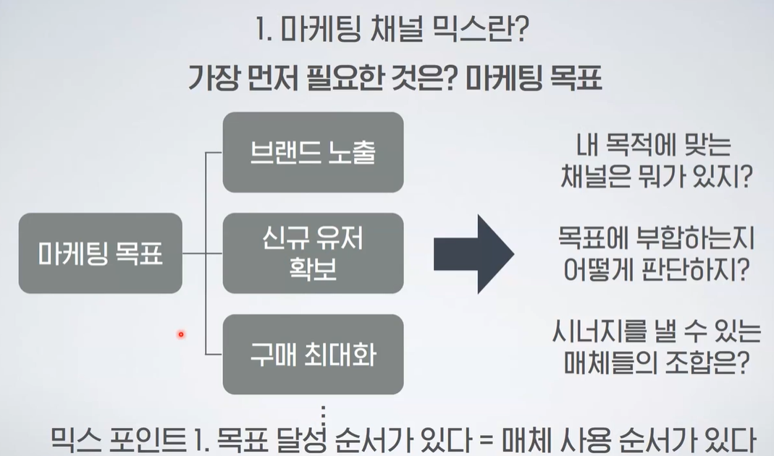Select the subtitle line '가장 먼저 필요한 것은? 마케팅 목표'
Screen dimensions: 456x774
395,76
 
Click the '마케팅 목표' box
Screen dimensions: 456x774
100,253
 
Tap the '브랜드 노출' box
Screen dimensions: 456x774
313,152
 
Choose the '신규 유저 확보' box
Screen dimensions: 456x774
313,253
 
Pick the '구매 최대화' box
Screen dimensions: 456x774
313,355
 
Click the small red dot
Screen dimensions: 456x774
180,334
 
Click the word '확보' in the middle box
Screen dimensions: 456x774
313,269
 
